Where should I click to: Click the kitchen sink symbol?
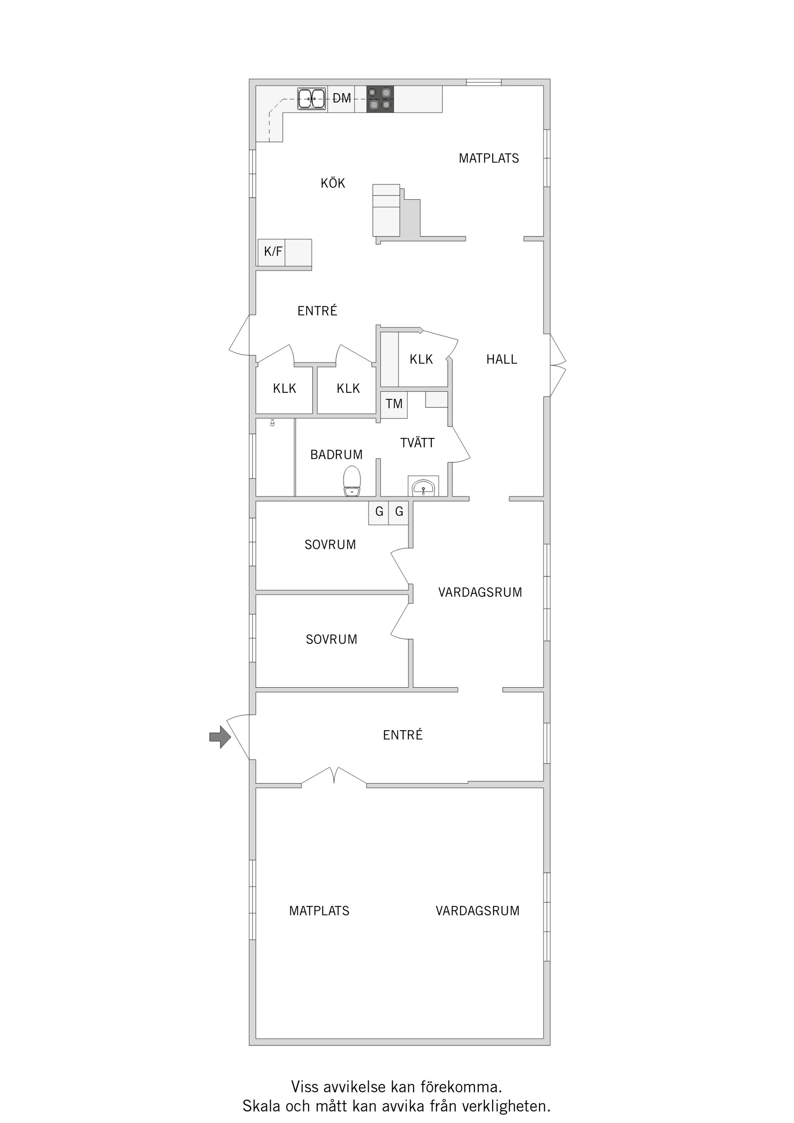312,99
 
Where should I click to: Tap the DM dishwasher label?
342,99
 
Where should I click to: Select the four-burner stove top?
380,99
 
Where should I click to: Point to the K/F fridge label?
273,252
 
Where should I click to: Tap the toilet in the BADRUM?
352,481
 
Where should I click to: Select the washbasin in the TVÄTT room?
423,487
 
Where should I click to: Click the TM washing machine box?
394,404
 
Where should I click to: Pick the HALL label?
502,359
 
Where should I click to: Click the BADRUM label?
337,455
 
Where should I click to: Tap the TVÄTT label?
417,443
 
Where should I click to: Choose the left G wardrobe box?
379,512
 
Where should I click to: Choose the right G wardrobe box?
399,512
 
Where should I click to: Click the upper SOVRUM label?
330,545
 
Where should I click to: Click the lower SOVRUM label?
331,640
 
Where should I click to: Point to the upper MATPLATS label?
489,158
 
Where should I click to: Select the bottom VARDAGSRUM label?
478,911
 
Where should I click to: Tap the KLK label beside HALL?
421,359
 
